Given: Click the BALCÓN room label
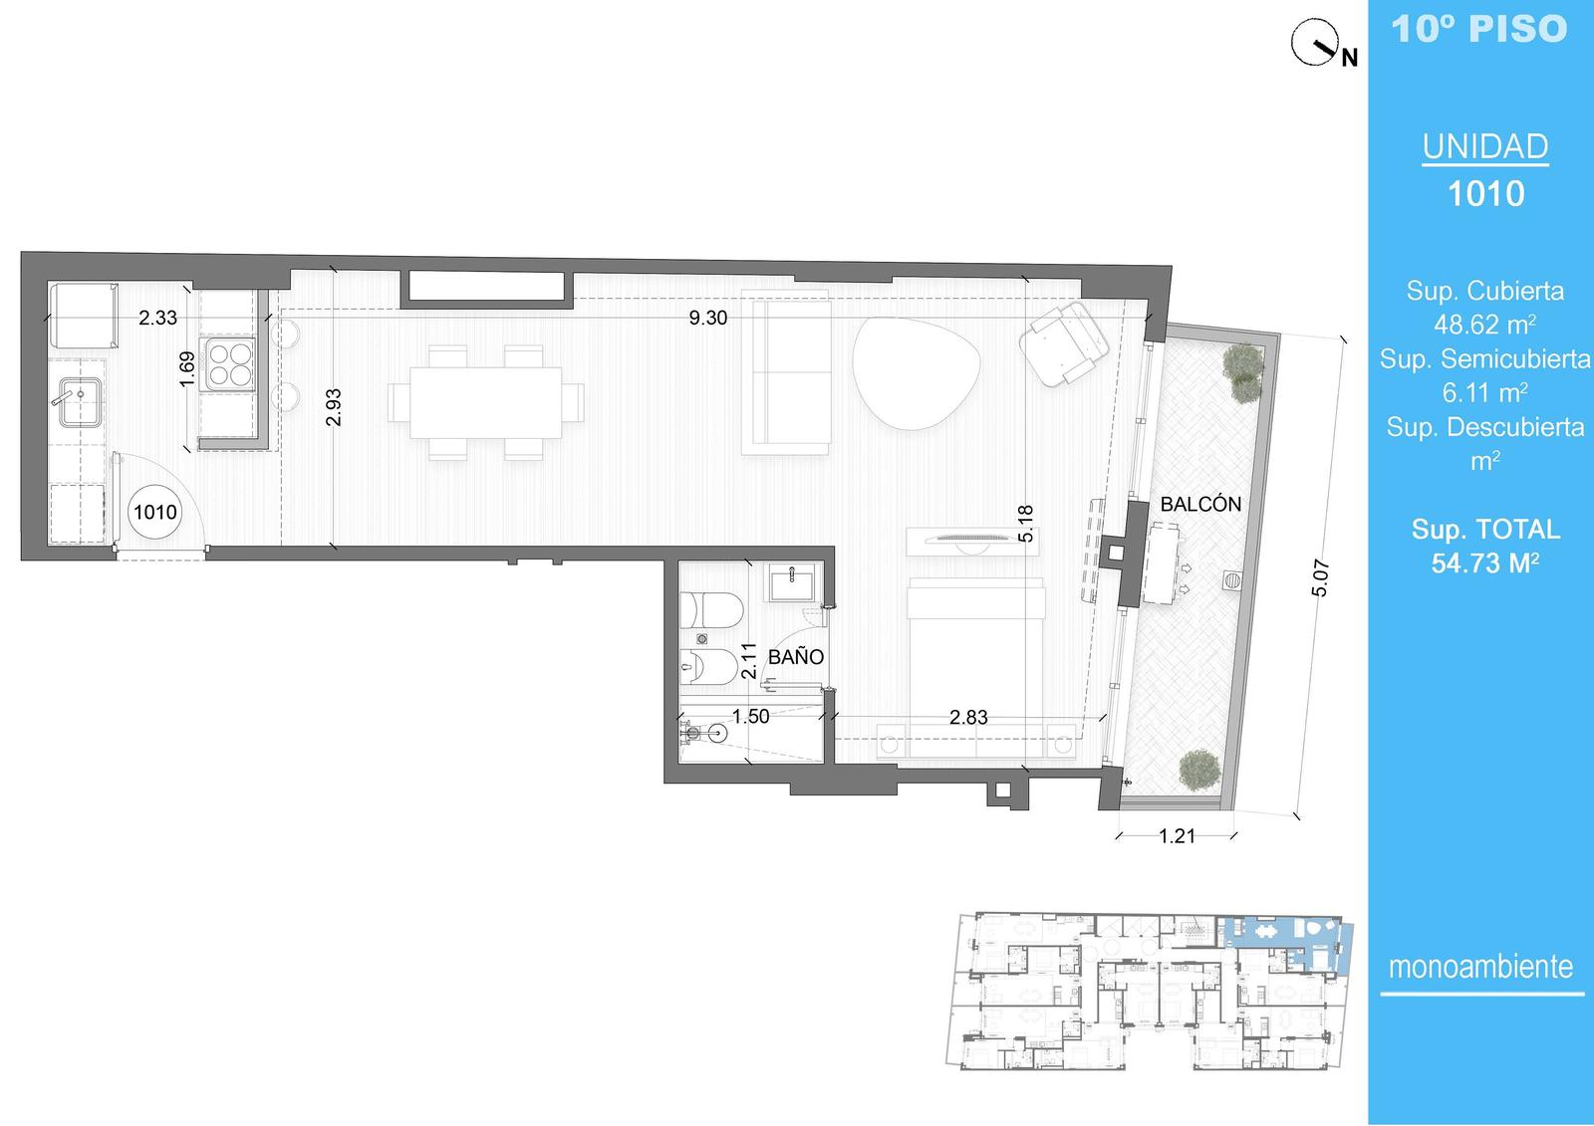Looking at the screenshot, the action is coord(1200,505).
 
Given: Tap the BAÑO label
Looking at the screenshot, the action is coord(796,656).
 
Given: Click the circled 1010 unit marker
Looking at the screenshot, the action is coord(155,512).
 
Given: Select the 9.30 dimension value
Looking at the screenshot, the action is coord(708,318).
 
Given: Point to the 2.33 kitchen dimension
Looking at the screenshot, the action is coord(158,318).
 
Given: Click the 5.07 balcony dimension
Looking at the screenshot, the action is coord(1320,578).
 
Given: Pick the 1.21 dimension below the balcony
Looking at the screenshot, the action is coord(1177,836).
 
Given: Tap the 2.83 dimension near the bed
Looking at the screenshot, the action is coord(968,717).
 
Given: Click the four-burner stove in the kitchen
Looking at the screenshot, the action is coord(228,364).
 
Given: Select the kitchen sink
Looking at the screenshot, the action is coord(79,402).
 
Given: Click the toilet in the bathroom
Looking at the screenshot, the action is coord(711,610).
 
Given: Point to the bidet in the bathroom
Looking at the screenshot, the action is coord(708,666).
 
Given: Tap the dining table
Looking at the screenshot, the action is coord(485,402).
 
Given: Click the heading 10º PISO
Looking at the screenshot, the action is coord(1479,29).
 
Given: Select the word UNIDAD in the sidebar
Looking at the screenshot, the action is coord(1485,146).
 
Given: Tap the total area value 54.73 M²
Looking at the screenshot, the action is coord(1485,563).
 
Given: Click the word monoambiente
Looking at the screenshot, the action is coord(1480,967).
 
